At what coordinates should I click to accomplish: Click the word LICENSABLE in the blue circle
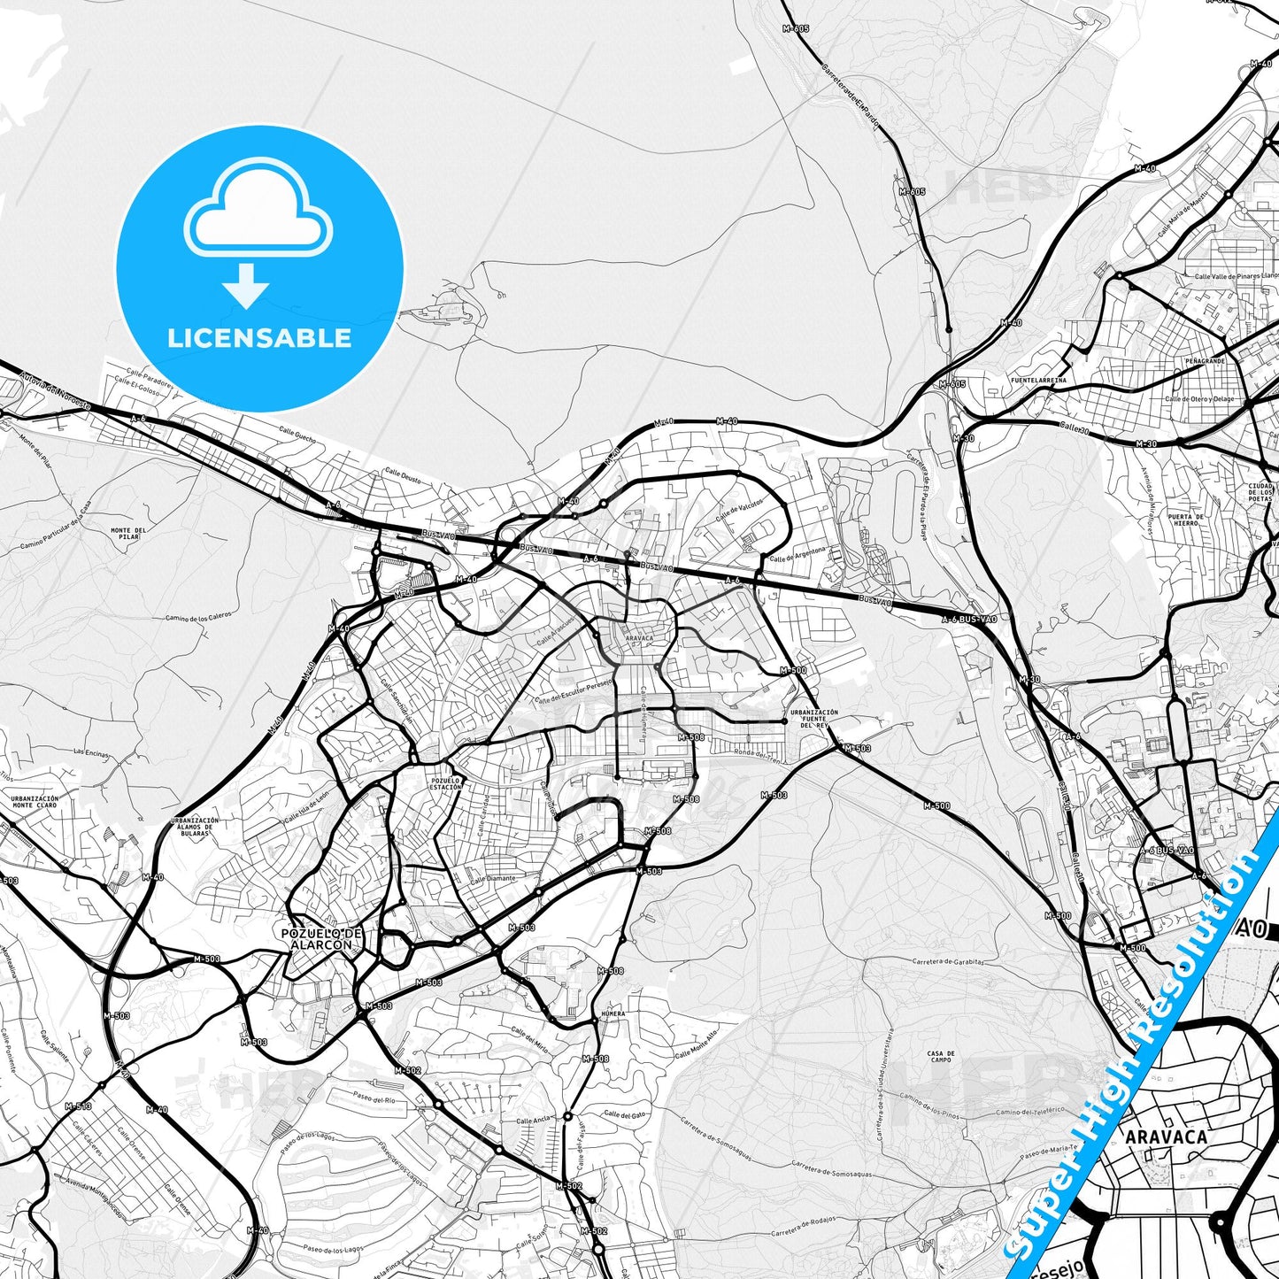tap(259, 337)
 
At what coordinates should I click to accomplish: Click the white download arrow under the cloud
tap(246, 286)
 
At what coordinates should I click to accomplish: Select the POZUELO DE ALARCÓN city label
tap(321, 938)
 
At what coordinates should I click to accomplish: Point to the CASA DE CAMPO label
tap(940, 1056)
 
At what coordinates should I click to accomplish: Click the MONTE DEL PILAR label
tap(127, 533)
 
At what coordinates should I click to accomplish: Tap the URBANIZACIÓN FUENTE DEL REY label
tap(813, 718)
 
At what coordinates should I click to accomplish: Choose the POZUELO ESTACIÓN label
tap(445, 783)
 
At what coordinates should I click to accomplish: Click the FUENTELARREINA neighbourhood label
tap(1038, 380)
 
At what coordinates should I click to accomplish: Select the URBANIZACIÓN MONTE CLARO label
tap(35, 801)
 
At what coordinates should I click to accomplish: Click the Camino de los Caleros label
tap(197, 616)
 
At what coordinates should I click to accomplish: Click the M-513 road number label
tap(78, 1106)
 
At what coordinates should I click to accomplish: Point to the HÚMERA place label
tap(613, 1013)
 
